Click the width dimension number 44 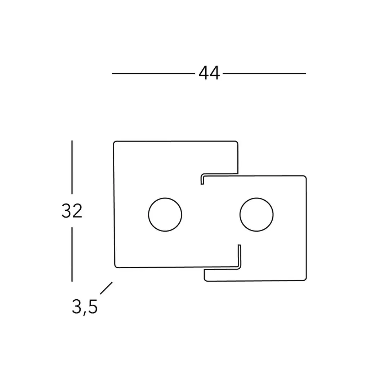[x=209, y=73]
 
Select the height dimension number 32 [x=72, y=211]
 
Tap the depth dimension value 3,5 [x=85, y=307]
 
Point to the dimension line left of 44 [x=153, y=73]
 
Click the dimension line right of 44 [x=264, y=73]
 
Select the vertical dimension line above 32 [x=72, y=167]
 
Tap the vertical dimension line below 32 [x=72, y=254]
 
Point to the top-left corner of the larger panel [x=113, y=142]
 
